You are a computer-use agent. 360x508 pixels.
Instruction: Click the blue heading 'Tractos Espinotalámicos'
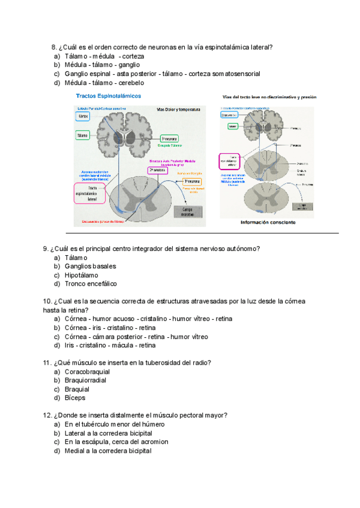coord(109,96)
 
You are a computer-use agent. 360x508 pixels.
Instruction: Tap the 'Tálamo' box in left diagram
coord(83,137)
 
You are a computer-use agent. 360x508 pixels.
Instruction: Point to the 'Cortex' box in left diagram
coord(83,116)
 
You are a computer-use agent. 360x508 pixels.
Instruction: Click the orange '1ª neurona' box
coord(192,182)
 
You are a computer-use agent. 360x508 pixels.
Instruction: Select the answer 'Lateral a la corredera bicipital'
coord(108,433)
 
